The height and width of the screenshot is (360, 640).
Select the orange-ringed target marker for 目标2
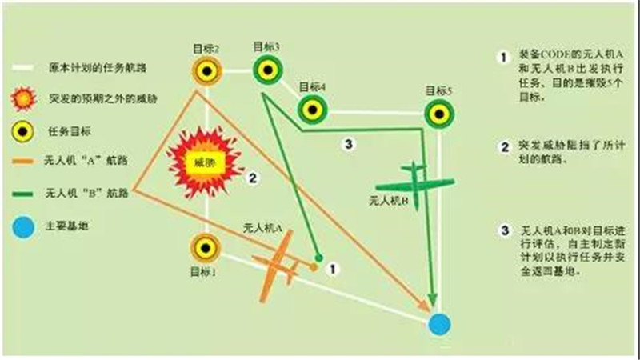coord(206,72)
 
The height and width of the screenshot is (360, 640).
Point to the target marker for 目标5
coord(438,113)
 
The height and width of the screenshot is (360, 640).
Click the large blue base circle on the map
coord(438,324)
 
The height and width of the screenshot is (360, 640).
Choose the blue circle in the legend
coord(24,226)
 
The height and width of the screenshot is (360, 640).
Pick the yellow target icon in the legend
coord(24,130)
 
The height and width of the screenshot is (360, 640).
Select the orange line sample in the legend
coord(24,162)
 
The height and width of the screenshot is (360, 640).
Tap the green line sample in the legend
coord(24,193)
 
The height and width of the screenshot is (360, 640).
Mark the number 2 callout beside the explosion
coord(251,178)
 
